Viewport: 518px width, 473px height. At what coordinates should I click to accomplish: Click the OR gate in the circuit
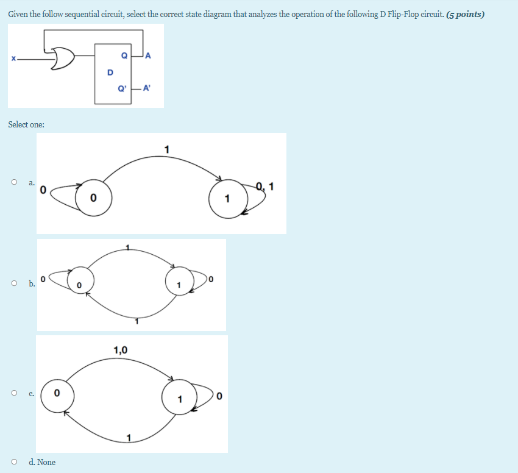pyautogui.click(x=63, y=59)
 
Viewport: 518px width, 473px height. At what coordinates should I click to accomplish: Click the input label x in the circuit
pyautogui.click(x=12, y=59)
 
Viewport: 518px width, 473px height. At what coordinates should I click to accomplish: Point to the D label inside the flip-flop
pyautogui.click(x=110, y=72)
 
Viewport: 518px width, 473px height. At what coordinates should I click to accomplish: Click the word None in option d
pyautogui.click(x=46, y=462)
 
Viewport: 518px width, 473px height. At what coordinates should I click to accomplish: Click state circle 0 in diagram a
pyautogui.click(x=93, y=197)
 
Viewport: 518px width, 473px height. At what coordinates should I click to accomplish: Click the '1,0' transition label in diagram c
pyautogui.click(x=121, y=350)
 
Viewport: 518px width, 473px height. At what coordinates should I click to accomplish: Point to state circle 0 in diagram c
pyautogui.click(x=57, y=394)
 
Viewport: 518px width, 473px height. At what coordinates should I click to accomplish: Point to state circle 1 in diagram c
pyautogui.click(x=180, y=399)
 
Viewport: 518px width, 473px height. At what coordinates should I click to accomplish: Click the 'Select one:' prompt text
pyautogui.click(x=26, y=124)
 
